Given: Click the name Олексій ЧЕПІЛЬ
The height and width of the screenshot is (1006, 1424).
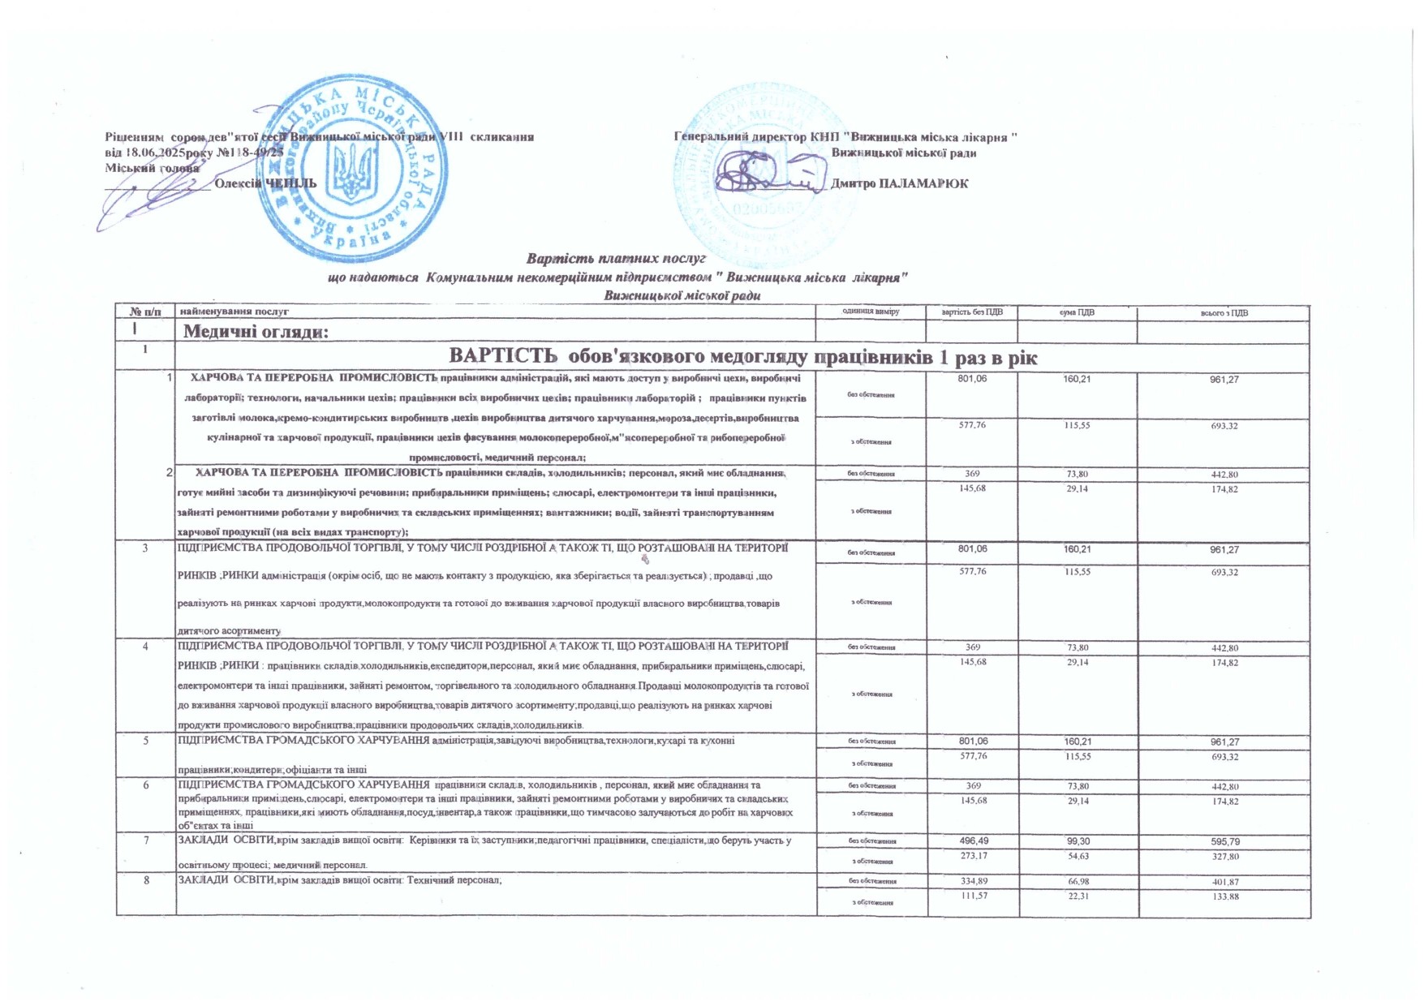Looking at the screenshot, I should (265, 183).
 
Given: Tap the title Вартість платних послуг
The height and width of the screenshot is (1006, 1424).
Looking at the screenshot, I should (617, 259).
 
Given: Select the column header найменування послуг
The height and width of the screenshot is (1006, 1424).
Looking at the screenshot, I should (234, 312).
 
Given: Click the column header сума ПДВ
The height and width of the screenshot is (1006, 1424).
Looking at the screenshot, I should (1077, 312).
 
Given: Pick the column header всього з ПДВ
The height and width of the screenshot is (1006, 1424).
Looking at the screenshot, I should (1224, 312).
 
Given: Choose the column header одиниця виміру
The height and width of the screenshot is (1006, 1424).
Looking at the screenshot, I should (871, 312).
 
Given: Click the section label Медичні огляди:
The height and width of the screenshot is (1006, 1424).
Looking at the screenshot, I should (256, 331).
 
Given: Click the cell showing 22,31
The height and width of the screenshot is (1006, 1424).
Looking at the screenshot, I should (1077, 896).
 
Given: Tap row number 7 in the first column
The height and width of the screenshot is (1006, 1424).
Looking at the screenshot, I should (146, 840).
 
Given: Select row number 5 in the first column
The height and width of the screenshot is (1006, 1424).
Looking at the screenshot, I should (146, 741).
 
